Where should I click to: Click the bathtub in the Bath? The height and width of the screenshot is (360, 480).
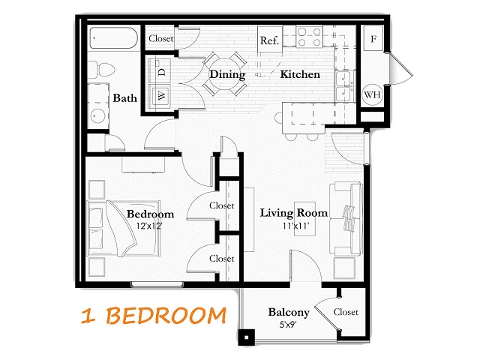[113, 38]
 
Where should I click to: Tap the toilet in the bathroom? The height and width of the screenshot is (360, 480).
[101, 70]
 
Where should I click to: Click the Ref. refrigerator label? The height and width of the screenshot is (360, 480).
[269, 40]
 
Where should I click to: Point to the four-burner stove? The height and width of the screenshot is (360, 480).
[309, 37]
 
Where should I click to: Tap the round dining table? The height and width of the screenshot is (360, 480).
[225, 73]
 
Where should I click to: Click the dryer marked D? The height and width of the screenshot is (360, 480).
[159, 71]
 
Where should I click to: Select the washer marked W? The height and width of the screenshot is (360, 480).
[159, 95]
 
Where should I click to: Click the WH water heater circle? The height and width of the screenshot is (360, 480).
[372, 94]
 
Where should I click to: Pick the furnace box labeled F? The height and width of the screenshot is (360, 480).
[373, 38]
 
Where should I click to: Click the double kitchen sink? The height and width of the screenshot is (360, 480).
[344, 85]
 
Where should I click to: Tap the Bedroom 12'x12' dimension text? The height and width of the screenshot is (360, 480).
[149, 226]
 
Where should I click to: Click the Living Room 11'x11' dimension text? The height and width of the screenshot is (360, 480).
[296, 226]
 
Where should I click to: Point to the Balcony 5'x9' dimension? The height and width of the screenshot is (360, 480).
[288, 325]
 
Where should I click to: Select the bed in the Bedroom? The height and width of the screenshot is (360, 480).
[124, 228]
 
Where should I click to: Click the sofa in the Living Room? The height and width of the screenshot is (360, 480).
[346, 219]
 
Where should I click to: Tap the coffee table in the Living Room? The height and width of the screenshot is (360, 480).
[305, 218]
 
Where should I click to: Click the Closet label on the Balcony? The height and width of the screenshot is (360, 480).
[346, 312]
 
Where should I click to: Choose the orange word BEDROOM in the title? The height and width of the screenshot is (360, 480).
[166, 316]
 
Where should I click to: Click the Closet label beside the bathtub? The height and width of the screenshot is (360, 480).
[161, 38]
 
